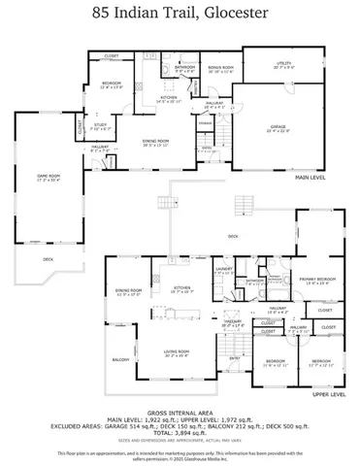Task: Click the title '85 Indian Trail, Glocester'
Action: coord(180,14)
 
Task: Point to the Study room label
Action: coord(102,127)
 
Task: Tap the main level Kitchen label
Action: coord(169,98)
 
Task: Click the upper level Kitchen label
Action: coord(181,288)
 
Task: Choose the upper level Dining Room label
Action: coord(129,291)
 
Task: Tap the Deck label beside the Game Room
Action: coord(49,259)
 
